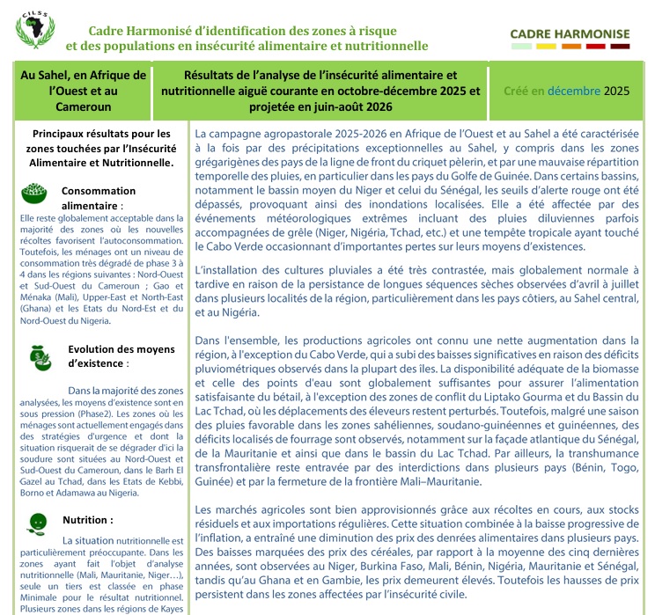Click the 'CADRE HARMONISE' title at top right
(x=570, y=34)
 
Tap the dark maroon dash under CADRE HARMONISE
(x=620, y=46)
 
